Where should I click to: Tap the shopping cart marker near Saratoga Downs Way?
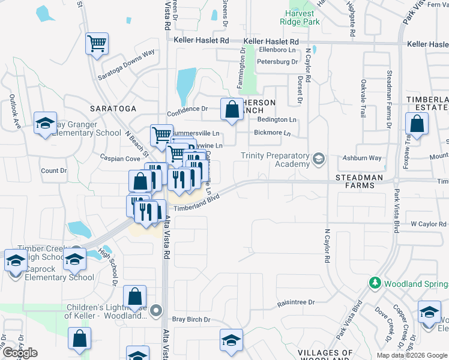[97, 44]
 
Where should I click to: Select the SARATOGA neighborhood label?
[113, 108]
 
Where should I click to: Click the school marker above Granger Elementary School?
[45, 124]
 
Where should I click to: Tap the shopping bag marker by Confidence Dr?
[232, 110]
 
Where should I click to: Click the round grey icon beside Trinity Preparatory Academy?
[319, 159]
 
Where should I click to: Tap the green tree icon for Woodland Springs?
[375, 282]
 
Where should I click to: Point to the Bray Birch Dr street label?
[191, 320]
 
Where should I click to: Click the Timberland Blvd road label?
[196, 202]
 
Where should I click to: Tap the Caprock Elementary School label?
[59, 277]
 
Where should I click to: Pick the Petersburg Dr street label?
[277, 62]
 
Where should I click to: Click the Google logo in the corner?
[19, 353]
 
